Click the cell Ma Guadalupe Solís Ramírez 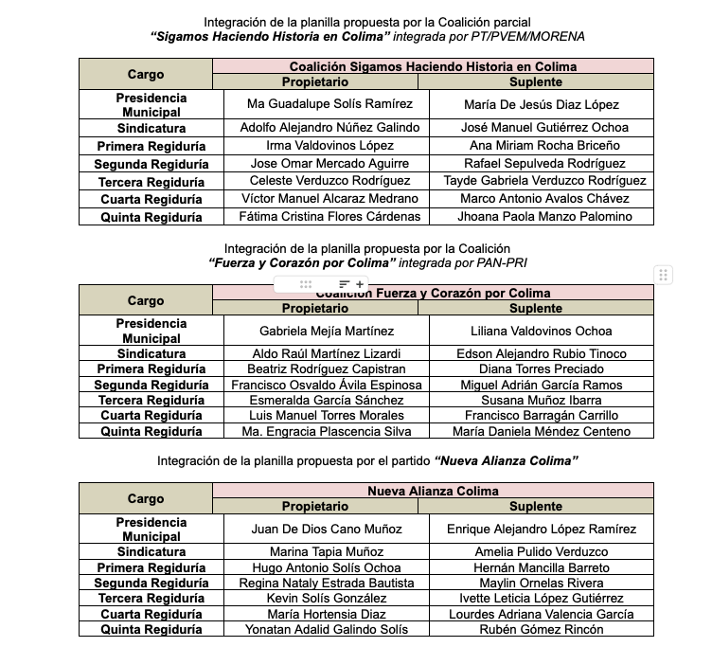click(322, 104)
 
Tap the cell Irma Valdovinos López click(322, 146)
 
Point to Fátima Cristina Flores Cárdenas click(322, 217)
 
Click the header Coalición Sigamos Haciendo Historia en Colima click(433, 66)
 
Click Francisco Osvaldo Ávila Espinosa click(320, 385)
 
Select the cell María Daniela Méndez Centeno click(542, 432)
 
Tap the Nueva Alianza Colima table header click(433, 491)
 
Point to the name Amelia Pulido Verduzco click(542, 551)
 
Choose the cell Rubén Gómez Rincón click(542, 630)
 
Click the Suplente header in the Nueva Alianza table click(542, 507)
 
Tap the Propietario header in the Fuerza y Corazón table click(321, 308)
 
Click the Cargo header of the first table click(146, 74)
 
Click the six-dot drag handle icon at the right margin click(664, 276)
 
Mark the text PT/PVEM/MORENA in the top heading click(541, 36)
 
